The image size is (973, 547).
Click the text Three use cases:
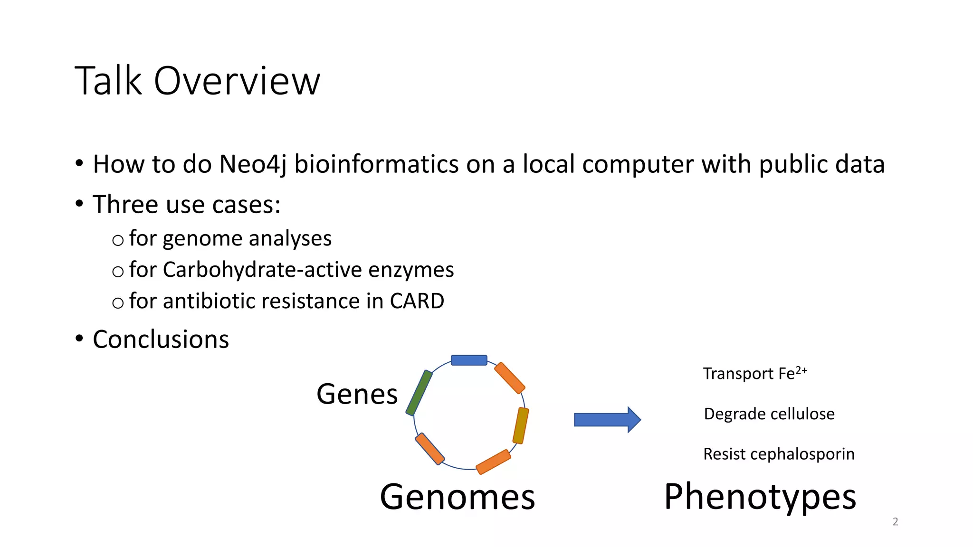pos(186,205)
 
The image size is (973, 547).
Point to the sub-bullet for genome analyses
pos(230,238)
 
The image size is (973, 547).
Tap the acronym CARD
pos(417,301)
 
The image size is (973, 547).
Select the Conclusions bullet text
pos(161,340)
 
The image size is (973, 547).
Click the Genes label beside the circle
pos(357,394)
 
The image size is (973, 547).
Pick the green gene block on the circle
pos(419,393)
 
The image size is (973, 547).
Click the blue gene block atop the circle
pos(469,360)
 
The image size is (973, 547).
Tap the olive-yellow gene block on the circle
pos(521,425)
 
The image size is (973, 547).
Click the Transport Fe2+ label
pos(754,373)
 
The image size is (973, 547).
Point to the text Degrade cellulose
pos(769,414)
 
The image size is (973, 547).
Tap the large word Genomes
pos(457,497)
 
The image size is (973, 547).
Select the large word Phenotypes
pos(760,497)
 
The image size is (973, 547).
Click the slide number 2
pos(895,521)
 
